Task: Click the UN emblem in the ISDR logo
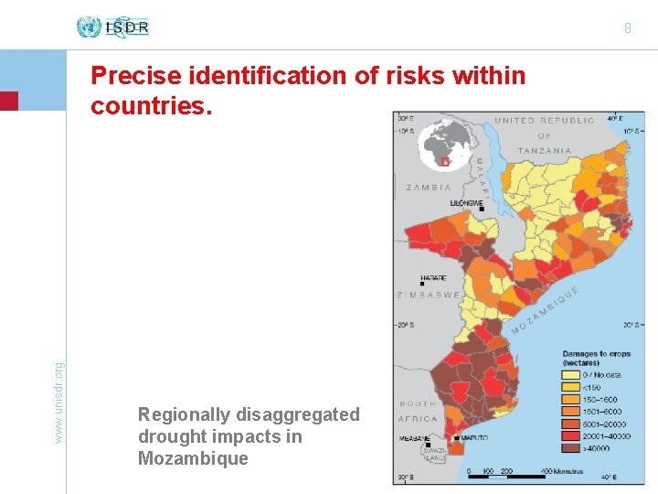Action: pos(89,27)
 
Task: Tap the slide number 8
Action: pos(628,28)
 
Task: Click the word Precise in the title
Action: pos(131,76)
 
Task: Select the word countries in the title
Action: pos(150,106)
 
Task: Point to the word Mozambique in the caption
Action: pos(193,458)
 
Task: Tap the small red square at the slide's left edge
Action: pos(8,101)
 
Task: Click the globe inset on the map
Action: pos(444,146)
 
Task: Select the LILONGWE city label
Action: pos(464,202)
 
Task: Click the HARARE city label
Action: pos(433,277)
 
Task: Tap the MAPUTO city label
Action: pos(473,438)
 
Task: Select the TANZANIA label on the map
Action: pos(545,150)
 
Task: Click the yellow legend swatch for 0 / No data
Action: pos(568,373)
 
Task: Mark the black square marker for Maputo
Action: pos(456,438)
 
